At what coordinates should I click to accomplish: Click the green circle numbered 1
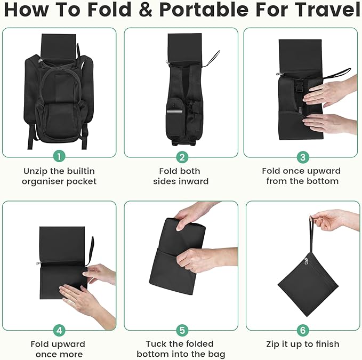tap(60, 157)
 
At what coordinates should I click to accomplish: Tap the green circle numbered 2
tap(182, 157)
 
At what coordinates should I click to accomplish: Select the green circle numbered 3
tap(302, 157)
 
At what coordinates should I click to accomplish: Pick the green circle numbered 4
tap(60, 330)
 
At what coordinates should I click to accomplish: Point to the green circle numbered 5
tap(182, 330)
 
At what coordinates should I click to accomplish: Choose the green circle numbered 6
tap(302, 330)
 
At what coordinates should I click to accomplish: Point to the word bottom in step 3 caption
tap(321, 181)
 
